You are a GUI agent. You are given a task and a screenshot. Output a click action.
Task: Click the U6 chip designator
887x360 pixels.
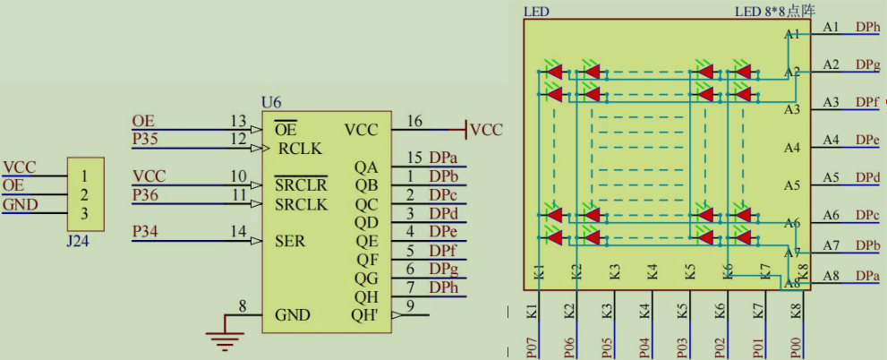[270, 104]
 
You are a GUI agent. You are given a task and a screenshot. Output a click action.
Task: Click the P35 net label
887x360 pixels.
[144, 139]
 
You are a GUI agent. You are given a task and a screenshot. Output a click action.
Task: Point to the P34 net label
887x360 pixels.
[144, 232]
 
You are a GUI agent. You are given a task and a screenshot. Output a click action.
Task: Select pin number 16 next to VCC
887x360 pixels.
[414, 122]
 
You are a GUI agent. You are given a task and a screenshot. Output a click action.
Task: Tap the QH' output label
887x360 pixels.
[369, 315]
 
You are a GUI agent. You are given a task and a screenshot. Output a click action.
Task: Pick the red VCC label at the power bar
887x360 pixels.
[486, 129]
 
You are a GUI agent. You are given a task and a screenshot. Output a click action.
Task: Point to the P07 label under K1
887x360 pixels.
[533, 344]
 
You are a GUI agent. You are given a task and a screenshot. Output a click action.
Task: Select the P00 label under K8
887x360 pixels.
[796, 344]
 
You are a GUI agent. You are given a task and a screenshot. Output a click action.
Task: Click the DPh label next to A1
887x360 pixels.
[867, 27]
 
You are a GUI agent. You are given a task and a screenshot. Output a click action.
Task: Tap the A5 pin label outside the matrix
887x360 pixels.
[831, 177]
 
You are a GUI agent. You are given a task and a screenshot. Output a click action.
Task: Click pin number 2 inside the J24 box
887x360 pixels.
[85, 194]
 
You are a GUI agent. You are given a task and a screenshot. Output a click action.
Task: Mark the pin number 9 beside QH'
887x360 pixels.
[410, 306]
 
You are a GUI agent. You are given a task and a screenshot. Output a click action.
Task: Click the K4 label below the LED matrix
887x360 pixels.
[645, 312]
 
